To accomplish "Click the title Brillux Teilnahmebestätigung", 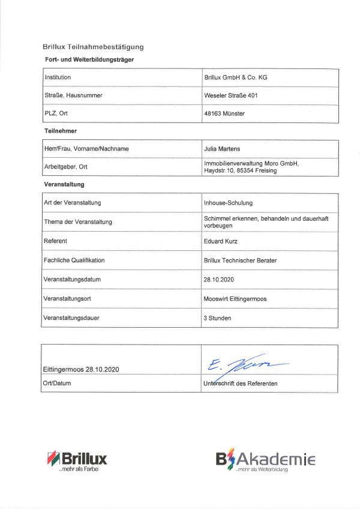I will [x=93, y=47].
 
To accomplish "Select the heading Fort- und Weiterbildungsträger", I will [x=89, y=60].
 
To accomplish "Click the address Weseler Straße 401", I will [x=231, y=95].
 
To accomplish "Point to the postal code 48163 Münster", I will [x=224, y=113].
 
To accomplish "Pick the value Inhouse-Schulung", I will [x=228, y=202].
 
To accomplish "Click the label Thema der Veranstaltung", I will [x=78, y=221].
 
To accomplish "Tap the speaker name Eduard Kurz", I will [x=222, y=241].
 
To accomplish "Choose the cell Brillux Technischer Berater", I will [x=240, y=260].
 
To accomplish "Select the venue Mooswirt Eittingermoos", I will [x=236, y=298].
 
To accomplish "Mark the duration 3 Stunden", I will [x=217, y=318].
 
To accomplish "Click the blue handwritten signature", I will [x=243, y=363].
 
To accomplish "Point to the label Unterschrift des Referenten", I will [x=240, y=383].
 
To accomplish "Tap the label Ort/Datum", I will [x=57, y=383].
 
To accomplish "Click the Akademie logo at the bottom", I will [x=265, y=460].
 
